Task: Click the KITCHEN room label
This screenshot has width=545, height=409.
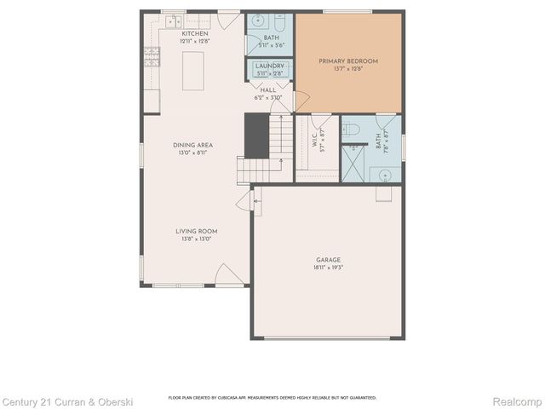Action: tap(194, 33)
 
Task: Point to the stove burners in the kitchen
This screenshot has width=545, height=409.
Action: tap(152, 56)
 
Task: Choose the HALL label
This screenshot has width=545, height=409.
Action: tap(268, 89)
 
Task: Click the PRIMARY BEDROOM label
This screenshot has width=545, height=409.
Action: tap(348, 61)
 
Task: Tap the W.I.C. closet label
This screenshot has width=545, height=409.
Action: tap(315, 143)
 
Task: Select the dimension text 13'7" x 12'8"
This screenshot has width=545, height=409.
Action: tap(348, 70)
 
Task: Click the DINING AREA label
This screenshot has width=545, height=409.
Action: tap(192, 145)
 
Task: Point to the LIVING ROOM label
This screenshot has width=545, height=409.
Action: tap(197, 231)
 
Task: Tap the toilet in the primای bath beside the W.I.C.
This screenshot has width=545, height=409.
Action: tap(352, 130)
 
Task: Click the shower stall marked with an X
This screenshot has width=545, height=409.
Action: tap(353, 161)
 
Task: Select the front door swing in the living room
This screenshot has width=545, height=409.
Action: tap(228, 274)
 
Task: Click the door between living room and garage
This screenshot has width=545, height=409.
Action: tap(244, 201)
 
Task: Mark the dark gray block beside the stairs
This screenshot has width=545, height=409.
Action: tap(256, 135)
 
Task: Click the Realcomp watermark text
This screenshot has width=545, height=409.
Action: tap(517, 400)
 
